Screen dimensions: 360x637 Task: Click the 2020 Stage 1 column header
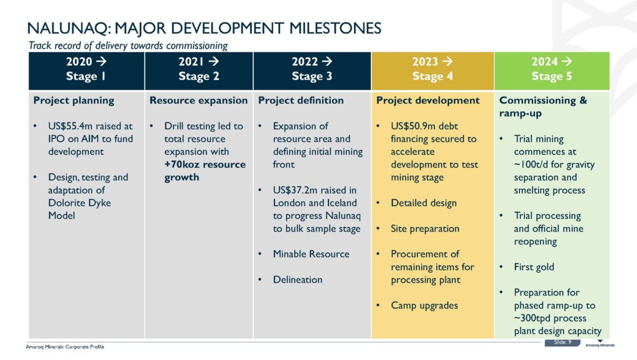point(86,69)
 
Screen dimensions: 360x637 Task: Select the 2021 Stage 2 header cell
point(198,69)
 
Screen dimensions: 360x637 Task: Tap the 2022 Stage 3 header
point(312,69)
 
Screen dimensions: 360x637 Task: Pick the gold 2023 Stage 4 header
point(432,69)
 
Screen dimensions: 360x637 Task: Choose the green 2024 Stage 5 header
point(552,69)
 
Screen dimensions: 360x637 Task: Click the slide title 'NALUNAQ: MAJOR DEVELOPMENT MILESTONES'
point(205,28)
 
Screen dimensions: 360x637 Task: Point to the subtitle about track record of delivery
point(128,45)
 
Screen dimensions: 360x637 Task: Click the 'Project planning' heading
point(74,100)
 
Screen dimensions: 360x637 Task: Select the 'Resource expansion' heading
point(198,100)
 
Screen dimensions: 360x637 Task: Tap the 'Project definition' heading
point(301,100)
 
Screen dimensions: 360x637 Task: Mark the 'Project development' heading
point(427,100)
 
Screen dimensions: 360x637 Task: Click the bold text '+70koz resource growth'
point(205,171)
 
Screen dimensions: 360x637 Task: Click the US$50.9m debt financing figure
point(416,126)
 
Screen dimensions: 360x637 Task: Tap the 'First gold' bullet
point(534,267)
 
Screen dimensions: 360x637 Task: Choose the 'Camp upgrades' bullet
point(424,305)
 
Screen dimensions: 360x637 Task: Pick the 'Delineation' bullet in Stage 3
point(297,280)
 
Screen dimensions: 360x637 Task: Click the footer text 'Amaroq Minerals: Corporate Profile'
point(65,346)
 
